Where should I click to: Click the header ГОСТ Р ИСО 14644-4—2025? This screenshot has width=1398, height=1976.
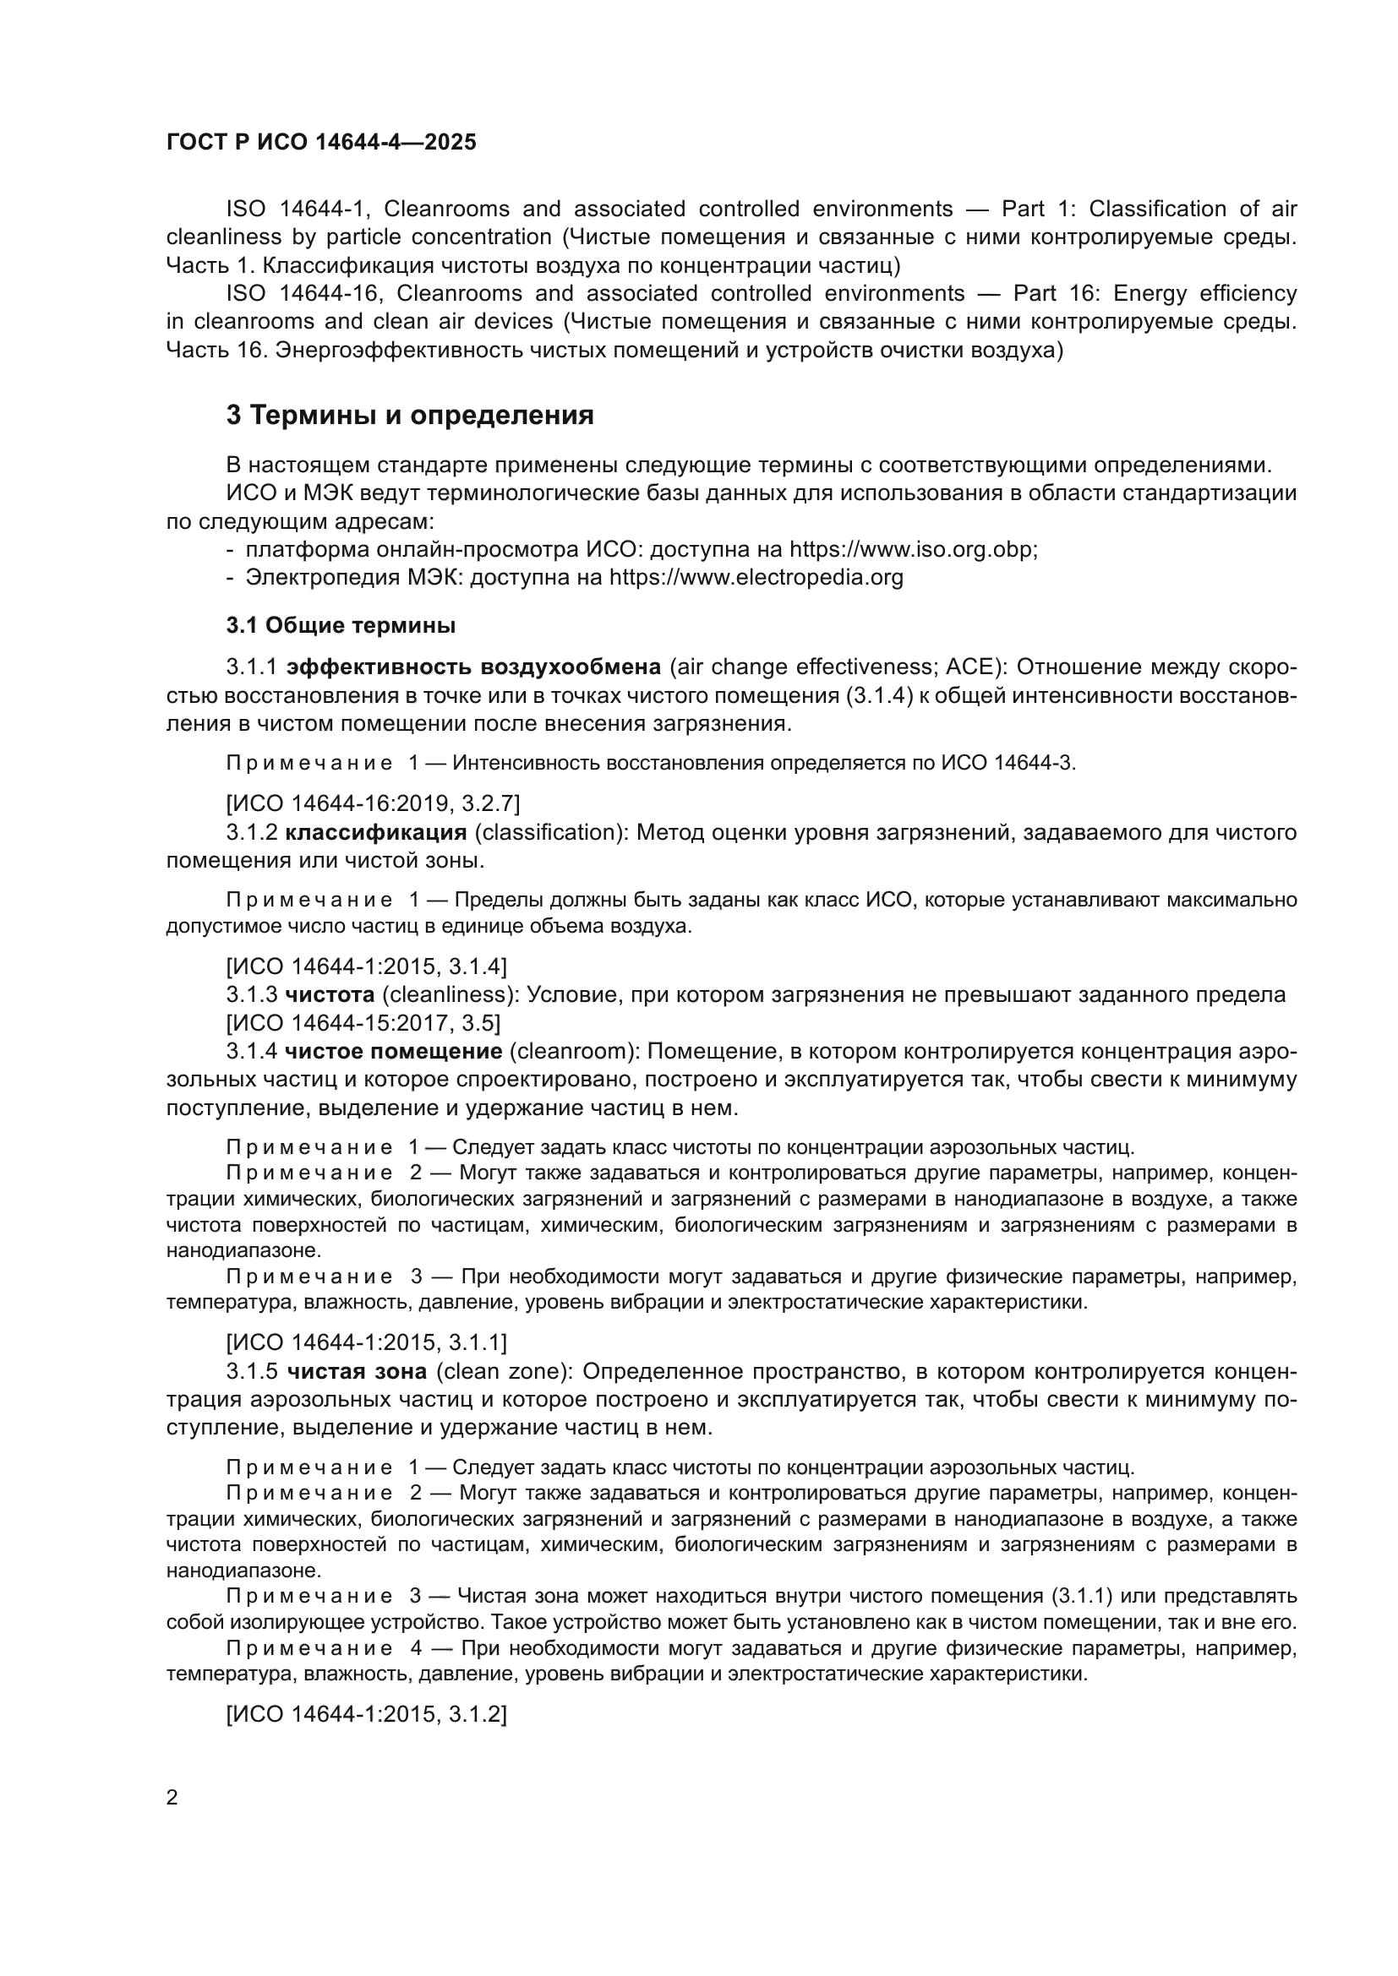point(321,143)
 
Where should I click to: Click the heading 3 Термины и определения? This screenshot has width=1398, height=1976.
point(410,416)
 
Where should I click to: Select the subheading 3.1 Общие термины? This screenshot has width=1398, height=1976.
point(341,626)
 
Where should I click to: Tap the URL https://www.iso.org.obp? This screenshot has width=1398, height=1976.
point(913,549)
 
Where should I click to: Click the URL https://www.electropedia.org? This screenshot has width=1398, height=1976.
point(756,577)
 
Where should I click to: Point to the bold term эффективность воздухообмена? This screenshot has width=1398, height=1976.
point(473,667)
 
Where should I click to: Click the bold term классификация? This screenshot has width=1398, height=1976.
point(376,832)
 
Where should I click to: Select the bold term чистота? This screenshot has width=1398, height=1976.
point(330,995)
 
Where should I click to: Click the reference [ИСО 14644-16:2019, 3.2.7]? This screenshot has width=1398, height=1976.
point(373,803)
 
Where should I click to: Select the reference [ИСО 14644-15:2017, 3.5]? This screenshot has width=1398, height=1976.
point(363,1022)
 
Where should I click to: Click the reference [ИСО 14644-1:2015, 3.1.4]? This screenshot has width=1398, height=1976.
point(366,966)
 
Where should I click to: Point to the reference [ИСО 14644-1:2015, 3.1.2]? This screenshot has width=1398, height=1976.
point(366,1714)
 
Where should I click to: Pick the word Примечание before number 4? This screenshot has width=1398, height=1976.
point(309,1649)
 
